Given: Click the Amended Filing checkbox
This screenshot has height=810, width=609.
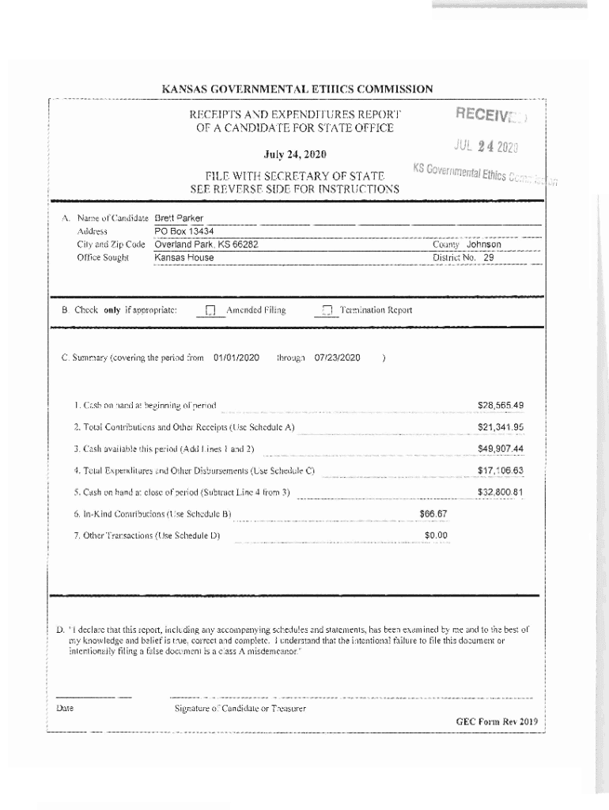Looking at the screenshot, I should tap(210, 311).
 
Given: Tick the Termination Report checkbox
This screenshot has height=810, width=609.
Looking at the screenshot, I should tap(327, 311).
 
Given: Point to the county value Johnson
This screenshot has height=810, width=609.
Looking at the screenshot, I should tap(483, 244).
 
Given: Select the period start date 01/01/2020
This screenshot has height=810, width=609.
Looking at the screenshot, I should tap(236, 358).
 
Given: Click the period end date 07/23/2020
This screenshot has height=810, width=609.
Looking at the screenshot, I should tap(337, 358).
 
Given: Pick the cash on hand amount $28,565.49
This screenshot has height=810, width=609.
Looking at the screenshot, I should tap(500, 406).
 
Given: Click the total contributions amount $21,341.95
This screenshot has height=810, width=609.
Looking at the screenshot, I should tap(500, 428).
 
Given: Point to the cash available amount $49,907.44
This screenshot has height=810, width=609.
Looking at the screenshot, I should tap(500, 449).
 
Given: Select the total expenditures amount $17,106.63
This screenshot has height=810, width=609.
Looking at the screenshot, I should tap(500, 471).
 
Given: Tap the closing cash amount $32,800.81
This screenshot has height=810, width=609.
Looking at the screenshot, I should tap(500, 493).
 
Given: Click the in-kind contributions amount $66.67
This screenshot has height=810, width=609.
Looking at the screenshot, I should tap(433, 514).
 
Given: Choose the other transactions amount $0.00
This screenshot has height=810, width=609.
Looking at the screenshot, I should tap(436, 536).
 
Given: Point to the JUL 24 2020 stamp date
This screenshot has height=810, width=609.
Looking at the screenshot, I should tap(485, 146).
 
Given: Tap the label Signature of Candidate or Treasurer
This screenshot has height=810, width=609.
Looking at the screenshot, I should tap(240, 708).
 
